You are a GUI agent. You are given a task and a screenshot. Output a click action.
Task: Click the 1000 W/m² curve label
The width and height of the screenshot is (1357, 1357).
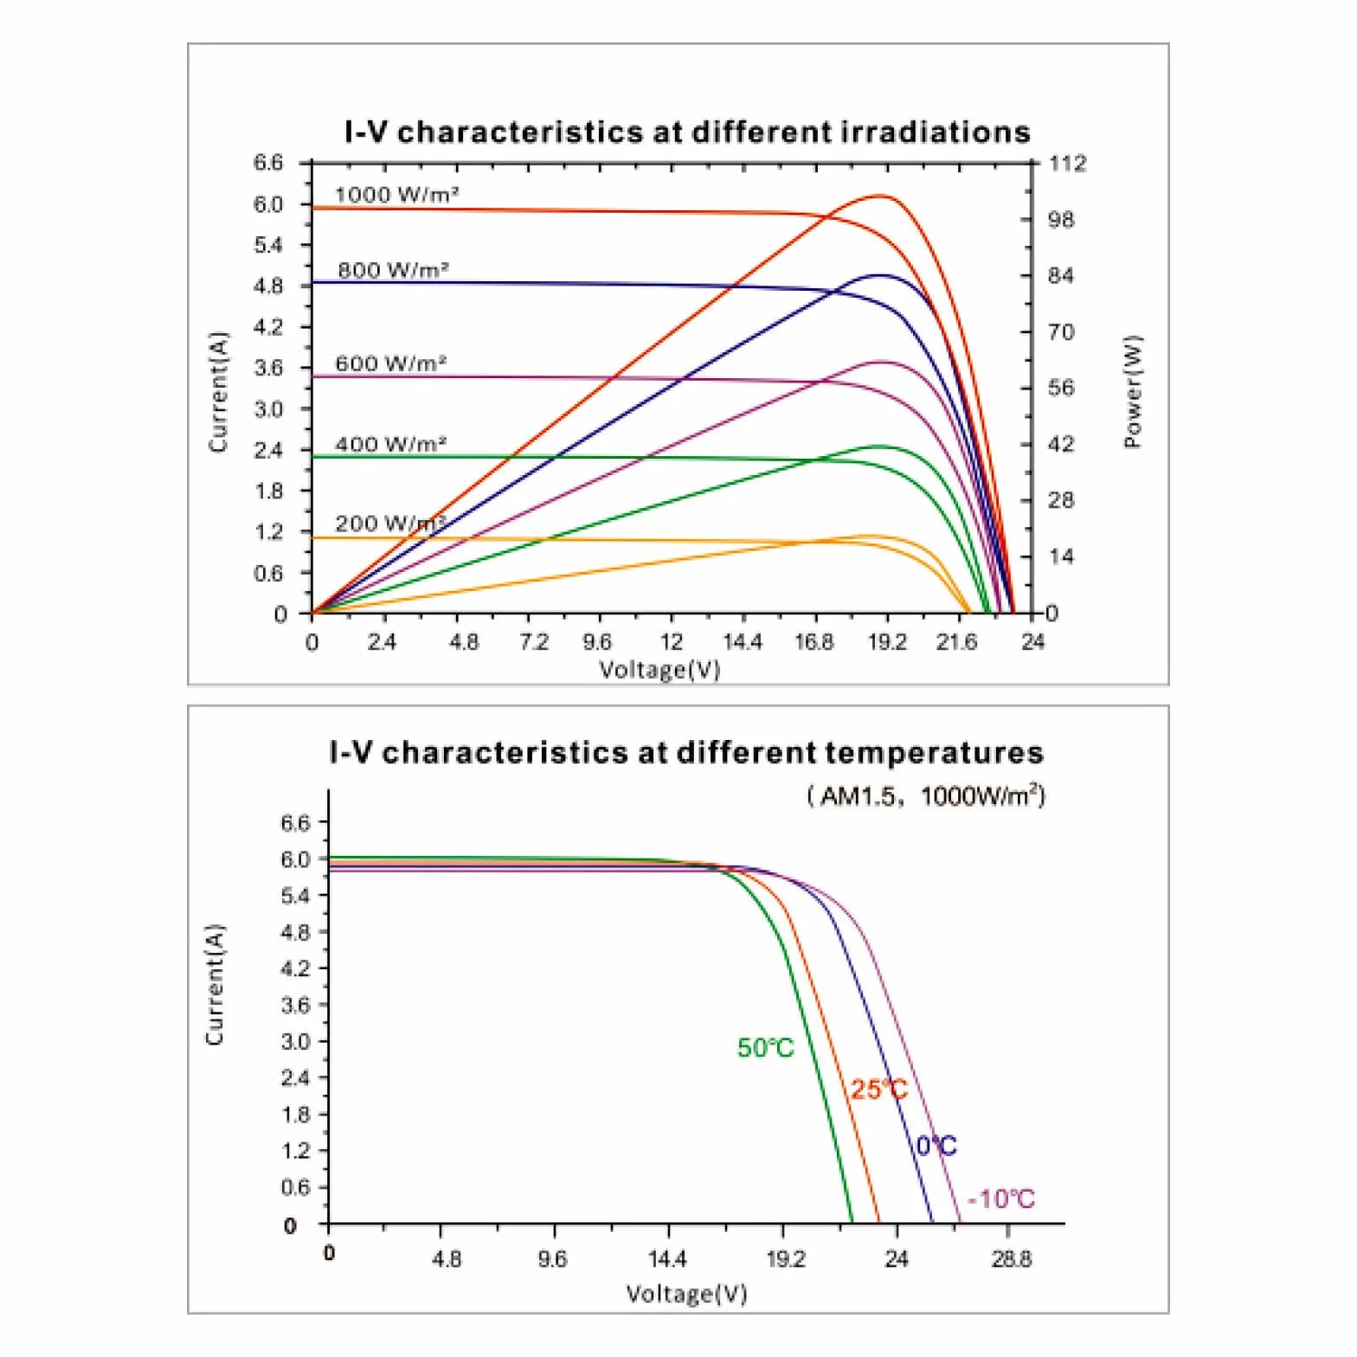396,195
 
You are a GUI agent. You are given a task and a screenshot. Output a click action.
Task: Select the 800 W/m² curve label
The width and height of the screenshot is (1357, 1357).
393,270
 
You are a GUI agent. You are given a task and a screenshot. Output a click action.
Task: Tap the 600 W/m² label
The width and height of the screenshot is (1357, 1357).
391,363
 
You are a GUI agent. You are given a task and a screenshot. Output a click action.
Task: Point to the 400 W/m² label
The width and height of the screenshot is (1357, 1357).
391,445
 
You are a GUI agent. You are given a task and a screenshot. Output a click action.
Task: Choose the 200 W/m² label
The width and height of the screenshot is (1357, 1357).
391,524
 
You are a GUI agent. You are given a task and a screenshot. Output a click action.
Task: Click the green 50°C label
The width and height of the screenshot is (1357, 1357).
766,1048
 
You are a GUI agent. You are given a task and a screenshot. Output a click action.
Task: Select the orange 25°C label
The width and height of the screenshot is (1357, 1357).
879,1090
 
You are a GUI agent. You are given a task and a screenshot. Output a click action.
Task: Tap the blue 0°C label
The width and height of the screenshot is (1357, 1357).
936,1146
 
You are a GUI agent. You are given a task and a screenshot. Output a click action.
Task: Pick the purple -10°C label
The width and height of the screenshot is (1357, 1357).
1001,1199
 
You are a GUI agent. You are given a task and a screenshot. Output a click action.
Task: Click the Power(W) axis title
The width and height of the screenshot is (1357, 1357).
1133,392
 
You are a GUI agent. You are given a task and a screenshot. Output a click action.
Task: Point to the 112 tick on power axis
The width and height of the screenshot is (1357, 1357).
1067,164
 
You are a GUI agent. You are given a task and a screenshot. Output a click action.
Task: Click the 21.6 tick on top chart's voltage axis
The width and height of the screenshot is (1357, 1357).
956,642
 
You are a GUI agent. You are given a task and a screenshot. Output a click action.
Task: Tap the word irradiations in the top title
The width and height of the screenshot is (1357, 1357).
936,132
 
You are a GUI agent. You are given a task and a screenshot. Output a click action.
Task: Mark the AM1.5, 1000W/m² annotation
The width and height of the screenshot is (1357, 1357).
926,795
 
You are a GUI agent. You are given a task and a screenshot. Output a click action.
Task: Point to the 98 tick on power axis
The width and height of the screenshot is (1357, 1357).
1061,220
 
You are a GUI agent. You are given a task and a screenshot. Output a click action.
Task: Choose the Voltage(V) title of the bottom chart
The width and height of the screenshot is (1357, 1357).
686,1294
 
